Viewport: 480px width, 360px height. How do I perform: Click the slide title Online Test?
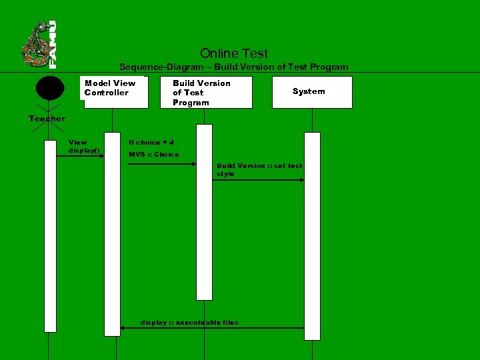coord(233,53)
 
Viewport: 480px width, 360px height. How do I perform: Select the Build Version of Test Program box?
coord(210,93)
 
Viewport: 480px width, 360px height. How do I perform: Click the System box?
coord(312,92)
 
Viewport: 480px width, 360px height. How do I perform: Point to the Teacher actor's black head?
coord(50,88)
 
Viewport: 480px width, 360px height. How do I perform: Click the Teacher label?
coord(47,119)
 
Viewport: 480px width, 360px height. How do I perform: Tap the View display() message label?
coord(83,146)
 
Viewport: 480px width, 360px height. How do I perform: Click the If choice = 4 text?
coord(151,142)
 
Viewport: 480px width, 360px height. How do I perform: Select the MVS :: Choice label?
coord(153,155)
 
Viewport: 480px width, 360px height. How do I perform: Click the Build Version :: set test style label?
coord(259,169)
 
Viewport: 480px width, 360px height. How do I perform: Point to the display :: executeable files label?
coord(189,323)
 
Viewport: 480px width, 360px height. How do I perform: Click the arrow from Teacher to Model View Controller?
coord(81,157)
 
